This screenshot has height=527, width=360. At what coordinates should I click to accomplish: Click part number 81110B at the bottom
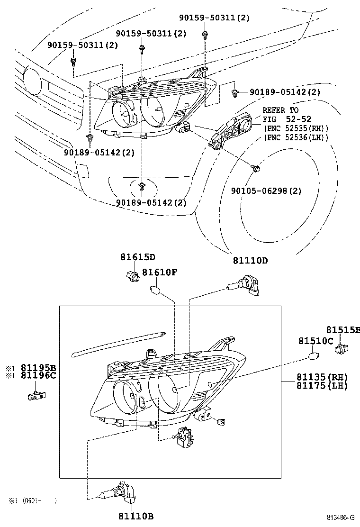tap(136, 516)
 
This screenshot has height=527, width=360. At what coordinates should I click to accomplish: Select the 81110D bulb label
tap(251, 261)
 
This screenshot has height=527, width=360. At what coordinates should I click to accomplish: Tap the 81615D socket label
tap(138, 257)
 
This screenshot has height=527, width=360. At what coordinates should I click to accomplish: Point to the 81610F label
tap(160, 272)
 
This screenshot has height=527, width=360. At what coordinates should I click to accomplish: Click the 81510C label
tap(316, 341)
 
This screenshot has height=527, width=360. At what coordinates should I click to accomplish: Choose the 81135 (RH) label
tap(322, 377)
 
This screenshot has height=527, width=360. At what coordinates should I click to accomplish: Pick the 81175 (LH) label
tap(322, 385)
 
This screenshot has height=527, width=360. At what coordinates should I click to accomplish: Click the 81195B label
tap(39, 367)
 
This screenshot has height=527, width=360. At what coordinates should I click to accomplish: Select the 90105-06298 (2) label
tap(266, 191)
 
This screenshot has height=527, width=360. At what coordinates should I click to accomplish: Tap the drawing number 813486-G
tap(341, 517)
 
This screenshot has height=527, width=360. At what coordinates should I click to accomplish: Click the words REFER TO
tap(280, 110)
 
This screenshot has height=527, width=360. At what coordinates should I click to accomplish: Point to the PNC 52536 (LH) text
tap(296, 137)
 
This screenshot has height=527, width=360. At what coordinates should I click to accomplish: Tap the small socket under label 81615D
tap(131, 276)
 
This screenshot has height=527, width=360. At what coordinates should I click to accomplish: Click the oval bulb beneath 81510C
tap(314, 355)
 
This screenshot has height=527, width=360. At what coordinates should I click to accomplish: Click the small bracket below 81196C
tap(36, 396)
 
